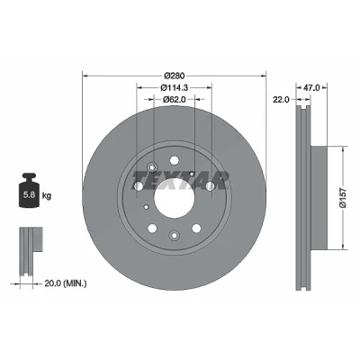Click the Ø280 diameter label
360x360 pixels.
point(174,76)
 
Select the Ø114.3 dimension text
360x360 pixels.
point(175,87)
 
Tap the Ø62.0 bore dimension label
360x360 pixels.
point(175,99)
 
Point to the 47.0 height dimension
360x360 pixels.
point(312,87)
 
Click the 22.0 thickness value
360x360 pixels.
point(281,100)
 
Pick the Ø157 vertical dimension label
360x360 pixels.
point(343,198)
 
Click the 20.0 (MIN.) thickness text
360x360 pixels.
point(66,283)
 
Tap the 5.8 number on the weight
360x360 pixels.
point(30,194)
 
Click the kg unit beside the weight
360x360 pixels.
point(47,196)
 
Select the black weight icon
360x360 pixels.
point(30,190)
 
